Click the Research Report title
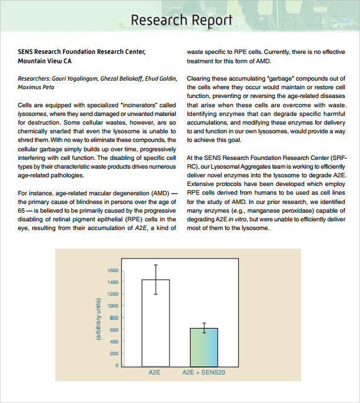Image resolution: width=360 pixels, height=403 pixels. coord(181,20)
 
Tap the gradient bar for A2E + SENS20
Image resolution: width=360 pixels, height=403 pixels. coord(204,347)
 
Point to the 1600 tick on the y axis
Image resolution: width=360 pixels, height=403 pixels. coord(112,270)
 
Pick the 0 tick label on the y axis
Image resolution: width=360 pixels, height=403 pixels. coord(116,365)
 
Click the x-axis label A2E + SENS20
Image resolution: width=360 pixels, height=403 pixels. coord(204,373)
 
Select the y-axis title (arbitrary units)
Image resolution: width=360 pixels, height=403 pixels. coord(98,319)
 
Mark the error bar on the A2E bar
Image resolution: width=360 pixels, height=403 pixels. coord(155,279)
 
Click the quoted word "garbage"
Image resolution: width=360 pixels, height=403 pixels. coord(264,79)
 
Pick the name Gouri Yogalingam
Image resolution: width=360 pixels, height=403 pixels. coord(76,79)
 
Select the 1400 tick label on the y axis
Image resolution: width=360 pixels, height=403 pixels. coord(112,282)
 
